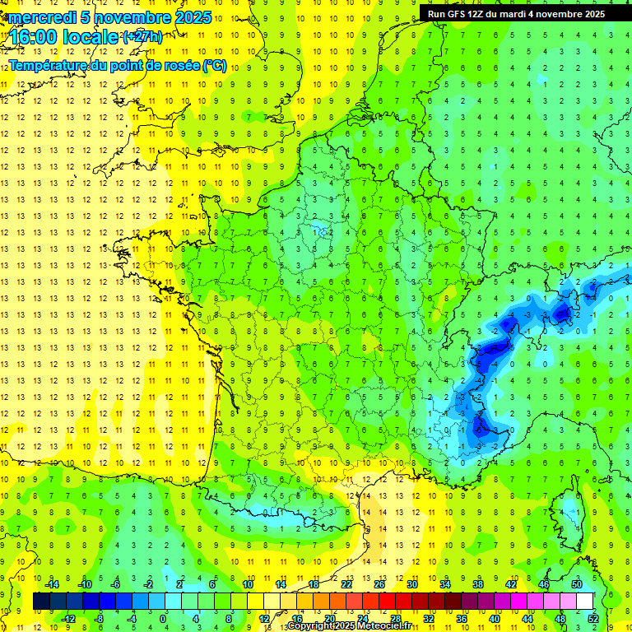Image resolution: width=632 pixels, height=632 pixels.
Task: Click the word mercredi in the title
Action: click(x=42, y=17)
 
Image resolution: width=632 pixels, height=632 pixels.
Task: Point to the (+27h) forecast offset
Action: click(x=142, y=37)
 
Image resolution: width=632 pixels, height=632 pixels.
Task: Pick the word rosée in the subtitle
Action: click(x=179, y=66)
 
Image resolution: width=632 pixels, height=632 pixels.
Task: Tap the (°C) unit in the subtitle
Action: click(x=214, y=66)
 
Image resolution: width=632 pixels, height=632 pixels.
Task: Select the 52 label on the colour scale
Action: click(x=593, y=619)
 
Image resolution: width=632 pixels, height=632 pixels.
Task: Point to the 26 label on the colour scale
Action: click(x=379, y=583)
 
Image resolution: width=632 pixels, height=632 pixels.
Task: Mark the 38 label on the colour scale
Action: click(x=477, y=583)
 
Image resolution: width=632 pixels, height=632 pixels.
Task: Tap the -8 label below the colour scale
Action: click(x=100, y=619)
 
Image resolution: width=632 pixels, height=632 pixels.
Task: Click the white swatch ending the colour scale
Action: click(x=585, y=601)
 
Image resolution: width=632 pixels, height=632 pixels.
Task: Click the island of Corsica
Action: click(x=568, y=510)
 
